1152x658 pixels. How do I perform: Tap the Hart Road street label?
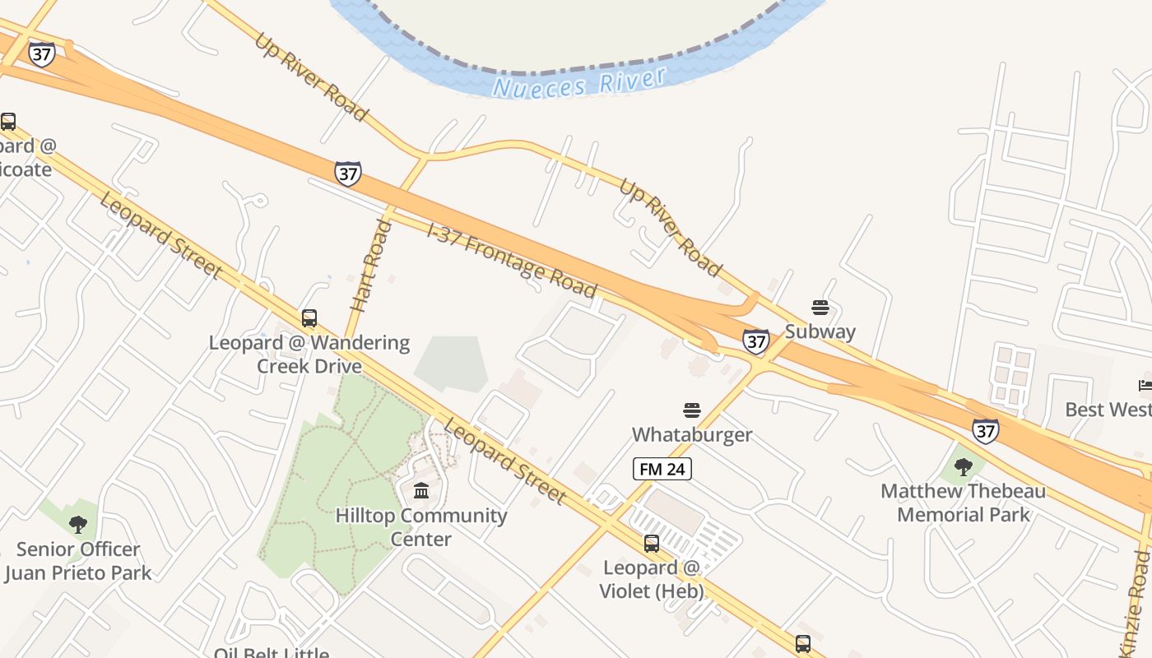click(x=370, y=265)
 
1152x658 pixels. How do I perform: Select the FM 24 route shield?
click(x=662, y=469)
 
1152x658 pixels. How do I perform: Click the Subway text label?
click(x=820, y=331)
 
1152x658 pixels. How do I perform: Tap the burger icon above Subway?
click(x=820, y=308)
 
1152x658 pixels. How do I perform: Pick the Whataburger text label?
click(x=691, y=433)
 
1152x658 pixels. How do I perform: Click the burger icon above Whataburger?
click(x=691, y=410)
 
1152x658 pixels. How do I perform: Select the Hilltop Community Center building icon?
click(x=421, y=491)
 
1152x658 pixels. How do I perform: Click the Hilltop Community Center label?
click(x=421, y=527)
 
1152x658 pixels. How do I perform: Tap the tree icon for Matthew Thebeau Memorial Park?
click(x=963, y=467)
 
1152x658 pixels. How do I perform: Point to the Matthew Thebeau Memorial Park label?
click(x=963, y=503)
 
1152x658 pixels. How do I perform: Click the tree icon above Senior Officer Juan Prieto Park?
click(x=78, y=524)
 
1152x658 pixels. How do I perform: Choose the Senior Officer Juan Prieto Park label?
click(x=78, y=561)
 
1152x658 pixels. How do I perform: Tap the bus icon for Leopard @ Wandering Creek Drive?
click(x=309, y=317)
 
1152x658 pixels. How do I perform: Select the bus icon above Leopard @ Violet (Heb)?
click(x=651, y=543)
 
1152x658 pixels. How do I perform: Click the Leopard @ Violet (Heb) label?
click(x=651, y=579)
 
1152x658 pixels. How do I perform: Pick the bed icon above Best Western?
click(x=1145, y=385)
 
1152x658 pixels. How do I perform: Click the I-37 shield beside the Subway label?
click(x=755, y=341)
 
